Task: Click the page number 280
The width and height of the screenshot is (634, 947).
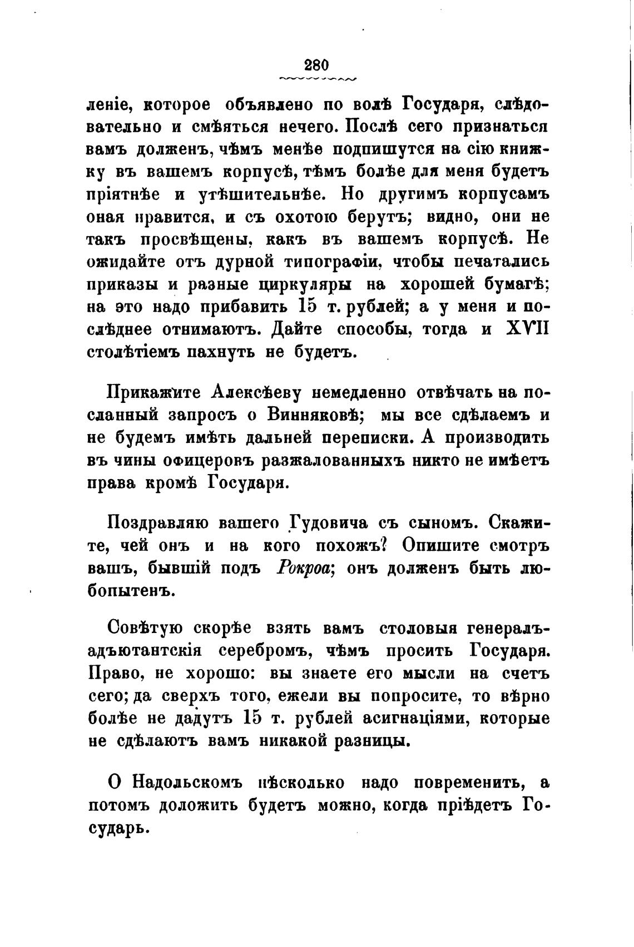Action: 317,64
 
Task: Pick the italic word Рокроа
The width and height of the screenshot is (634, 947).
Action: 304,569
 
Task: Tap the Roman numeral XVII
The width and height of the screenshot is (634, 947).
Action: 528,330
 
